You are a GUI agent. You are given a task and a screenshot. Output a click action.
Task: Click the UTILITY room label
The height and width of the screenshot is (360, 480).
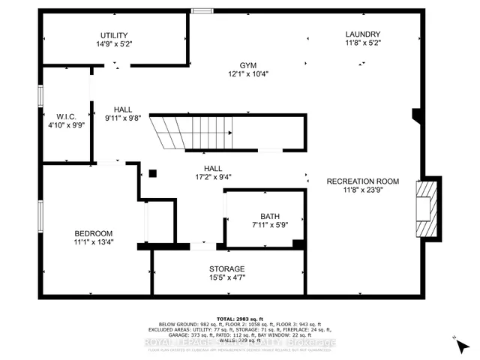pyautogui.click(x=114, y=35)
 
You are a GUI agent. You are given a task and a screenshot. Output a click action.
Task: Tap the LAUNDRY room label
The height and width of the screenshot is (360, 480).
pyautogui.click(x=363, y=34)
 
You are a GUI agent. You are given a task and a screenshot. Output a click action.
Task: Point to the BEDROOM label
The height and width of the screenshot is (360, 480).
pyautogui.click(x=93, y=232)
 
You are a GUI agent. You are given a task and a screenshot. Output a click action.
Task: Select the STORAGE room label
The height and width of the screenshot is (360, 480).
pyautogui.click(x=226, y=268)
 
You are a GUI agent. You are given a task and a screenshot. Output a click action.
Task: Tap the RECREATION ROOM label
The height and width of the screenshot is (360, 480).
pyautogui.click(x=362, y=181)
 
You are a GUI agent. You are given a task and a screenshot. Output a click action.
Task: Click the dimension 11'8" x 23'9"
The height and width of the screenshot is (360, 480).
pyautogui.click(x=362, y=190)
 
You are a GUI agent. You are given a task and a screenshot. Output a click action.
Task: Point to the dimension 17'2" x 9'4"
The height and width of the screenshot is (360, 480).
pyautogui.click(x=223, y=178)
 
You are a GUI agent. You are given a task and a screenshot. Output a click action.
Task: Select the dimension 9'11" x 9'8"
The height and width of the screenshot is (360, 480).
pyautogui.click(x=123, y=118)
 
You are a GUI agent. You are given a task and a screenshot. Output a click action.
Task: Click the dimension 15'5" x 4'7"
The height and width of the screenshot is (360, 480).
pyautogui.click(x=226, y=278)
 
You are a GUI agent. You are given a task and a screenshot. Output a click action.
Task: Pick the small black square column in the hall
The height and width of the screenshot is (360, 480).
pyautogui.click(x=152, y=173)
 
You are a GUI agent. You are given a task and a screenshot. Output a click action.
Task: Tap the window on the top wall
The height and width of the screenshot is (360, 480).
pyautogui.click(x=200, y=10)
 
